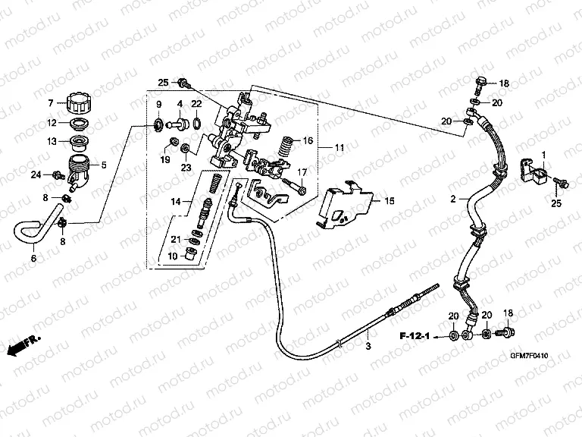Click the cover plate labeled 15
click(346, 203)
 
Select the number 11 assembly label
click(339, 146)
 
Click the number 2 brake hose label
click(452, 200)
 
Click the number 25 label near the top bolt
click(162, 82)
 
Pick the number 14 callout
click(176, 201)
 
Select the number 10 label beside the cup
click(171, 256)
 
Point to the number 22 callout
click(196, 104)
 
